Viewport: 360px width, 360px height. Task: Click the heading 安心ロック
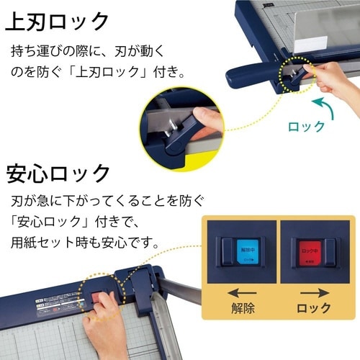point(58,174)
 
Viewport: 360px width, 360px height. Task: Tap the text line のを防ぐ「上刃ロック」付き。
point(98,72)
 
